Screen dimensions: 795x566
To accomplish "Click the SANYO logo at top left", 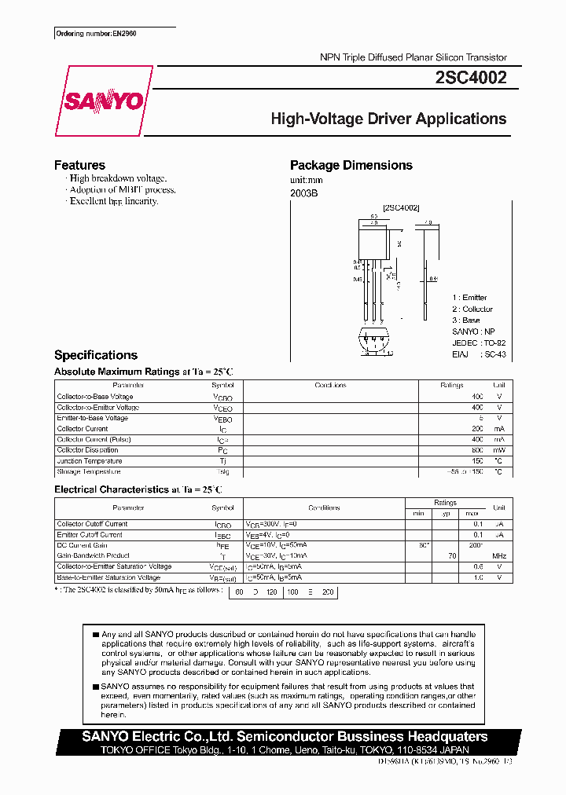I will (104, 101).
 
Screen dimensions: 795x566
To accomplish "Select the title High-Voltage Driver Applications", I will (388, 119).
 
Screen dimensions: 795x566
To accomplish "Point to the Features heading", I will (79, 165).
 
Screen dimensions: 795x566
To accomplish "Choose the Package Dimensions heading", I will (351, 165).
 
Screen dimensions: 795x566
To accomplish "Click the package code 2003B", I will (303, 192).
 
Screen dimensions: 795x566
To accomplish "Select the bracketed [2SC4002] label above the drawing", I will (401, 207).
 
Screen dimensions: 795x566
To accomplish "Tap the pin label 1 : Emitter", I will (469, 298).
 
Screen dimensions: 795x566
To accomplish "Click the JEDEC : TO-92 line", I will (477, 343).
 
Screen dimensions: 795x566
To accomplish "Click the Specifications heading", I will (96, 355).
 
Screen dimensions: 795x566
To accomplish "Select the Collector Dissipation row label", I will (89, 450).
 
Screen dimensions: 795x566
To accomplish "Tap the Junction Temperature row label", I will (89, 461).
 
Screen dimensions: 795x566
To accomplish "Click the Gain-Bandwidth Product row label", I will (92, 556).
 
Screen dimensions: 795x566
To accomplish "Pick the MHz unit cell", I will (498, 556).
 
